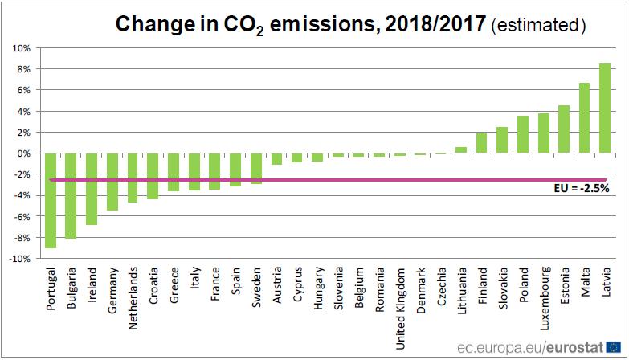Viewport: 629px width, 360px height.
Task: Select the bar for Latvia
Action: [x=605, y=108]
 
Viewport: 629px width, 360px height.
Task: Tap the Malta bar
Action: [x=584, y=118]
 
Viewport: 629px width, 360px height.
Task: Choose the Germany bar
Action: [x=112, y=182]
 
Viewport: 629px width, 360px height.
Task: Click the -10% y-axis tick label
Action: [x=19, y=259]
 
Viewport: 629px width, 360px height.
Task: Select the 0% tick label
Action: [x=23, y=153]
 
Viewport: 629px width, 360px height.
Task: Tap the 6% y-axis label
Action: [x=23, y=90]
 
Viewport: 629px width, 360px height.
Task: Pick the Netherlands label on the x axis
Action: [x=133, y=295]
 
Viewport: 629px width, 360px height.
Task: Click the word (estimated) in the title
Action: [x=537, y=25]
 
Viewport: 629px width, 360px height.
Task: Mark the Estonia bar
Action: [x=564, y=129]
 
